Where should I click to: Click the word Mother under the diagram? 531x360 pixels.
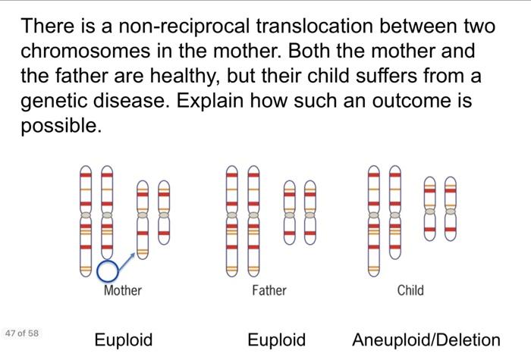[122, 290]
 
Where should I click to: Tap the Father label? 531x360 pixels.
[269, 290]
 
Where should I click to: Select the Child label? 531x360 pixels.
[410, 290]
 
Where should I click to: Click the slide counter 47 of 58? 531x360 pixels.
[20, 333]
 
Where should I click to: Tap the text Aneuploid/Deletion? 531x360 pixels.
[426, 340]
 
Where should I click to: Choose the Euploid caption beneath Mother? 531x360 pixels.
[124, 340]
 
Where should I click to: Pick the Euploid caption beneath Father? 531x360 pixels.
[277, 340]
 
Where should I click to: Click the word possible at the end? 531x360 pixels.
[60, 126]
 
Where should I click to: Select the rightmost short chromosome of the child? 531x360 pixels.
[451, 208]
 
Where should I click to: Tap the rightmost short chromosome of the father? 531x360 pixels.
[309, 212]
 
